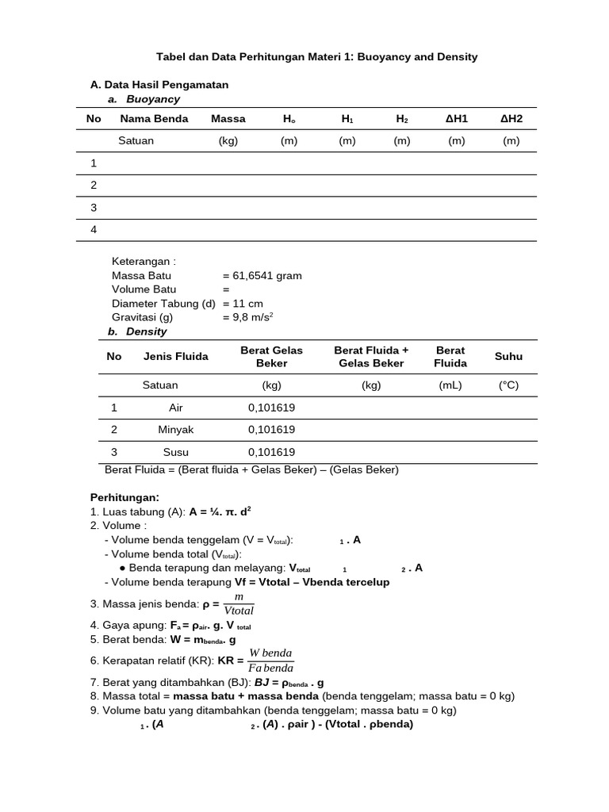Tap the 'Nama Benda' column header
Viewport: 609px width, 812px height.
tap(154, 118)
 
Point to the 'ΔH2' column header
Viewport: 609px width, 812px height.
tap(511, 118)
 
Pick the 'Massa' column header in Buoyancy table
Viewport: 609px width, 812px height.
tap(228, 118)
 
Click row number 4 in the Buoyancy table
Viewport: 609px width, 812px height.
tap(94, 229)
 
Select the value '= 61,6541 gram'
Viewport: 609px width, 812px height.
tap(262, 276)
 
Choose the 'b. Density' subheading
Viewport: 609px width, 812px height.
tap(137, 331)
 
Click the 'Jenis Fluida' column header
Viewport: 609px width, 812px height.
tap(176, 357)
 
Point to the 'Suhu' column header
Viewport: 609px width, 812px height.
tap(508, 357)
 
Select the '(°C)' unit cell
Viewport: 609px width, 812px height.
tap(508, 385)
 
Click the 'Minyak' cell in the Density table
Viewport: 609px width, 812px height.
tap(176, 430)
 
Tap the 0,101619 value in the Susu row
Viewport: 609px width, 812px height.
tap(271, 452)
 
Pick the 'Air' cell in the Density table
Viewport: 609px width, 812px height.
tap(176, 408)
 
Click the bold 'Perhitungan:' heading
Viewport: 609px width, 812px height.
tap(124, 497)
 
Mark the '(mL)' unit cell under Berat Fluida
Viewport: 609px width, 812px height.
tap(450, 385)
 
